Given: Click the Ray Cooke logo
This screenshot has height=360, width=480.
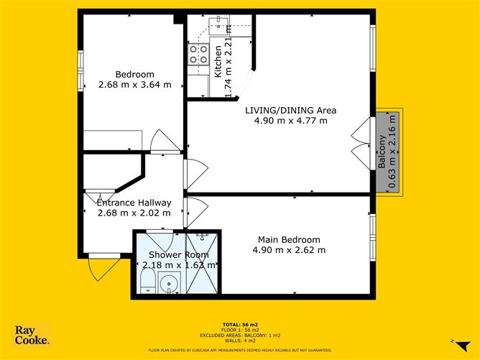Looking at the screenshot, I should [x=32, y=335].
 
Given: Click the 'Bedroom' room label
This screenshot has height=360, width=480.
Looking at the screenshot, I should [x=135, y=74].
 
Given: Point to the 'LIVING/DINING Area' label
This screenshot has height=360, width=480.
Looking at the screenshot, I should [x=290, y=110].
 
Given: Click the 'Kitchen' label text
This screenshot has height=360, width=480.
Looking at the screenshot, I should [x=218, y=61].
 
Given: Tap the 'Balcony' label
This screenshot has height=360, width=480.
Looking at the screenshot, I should [x=382, y=152].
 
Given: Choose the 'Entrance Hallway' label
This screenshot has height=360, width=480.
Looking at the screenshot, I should [x=134, y=203].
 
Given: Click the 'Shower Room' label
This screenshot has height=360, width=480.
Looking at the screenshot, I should [x=178, y=254].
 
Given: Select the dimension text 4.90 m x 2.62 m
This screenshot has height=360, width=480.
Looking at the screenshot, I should [x=289, y=250].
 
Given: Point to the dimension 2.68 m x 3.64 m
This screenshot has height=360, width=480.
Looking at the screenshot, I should [x=135, y=85].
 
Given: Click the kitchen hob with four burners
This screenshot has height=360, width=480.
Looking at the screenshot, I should [x=198, y=54].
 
